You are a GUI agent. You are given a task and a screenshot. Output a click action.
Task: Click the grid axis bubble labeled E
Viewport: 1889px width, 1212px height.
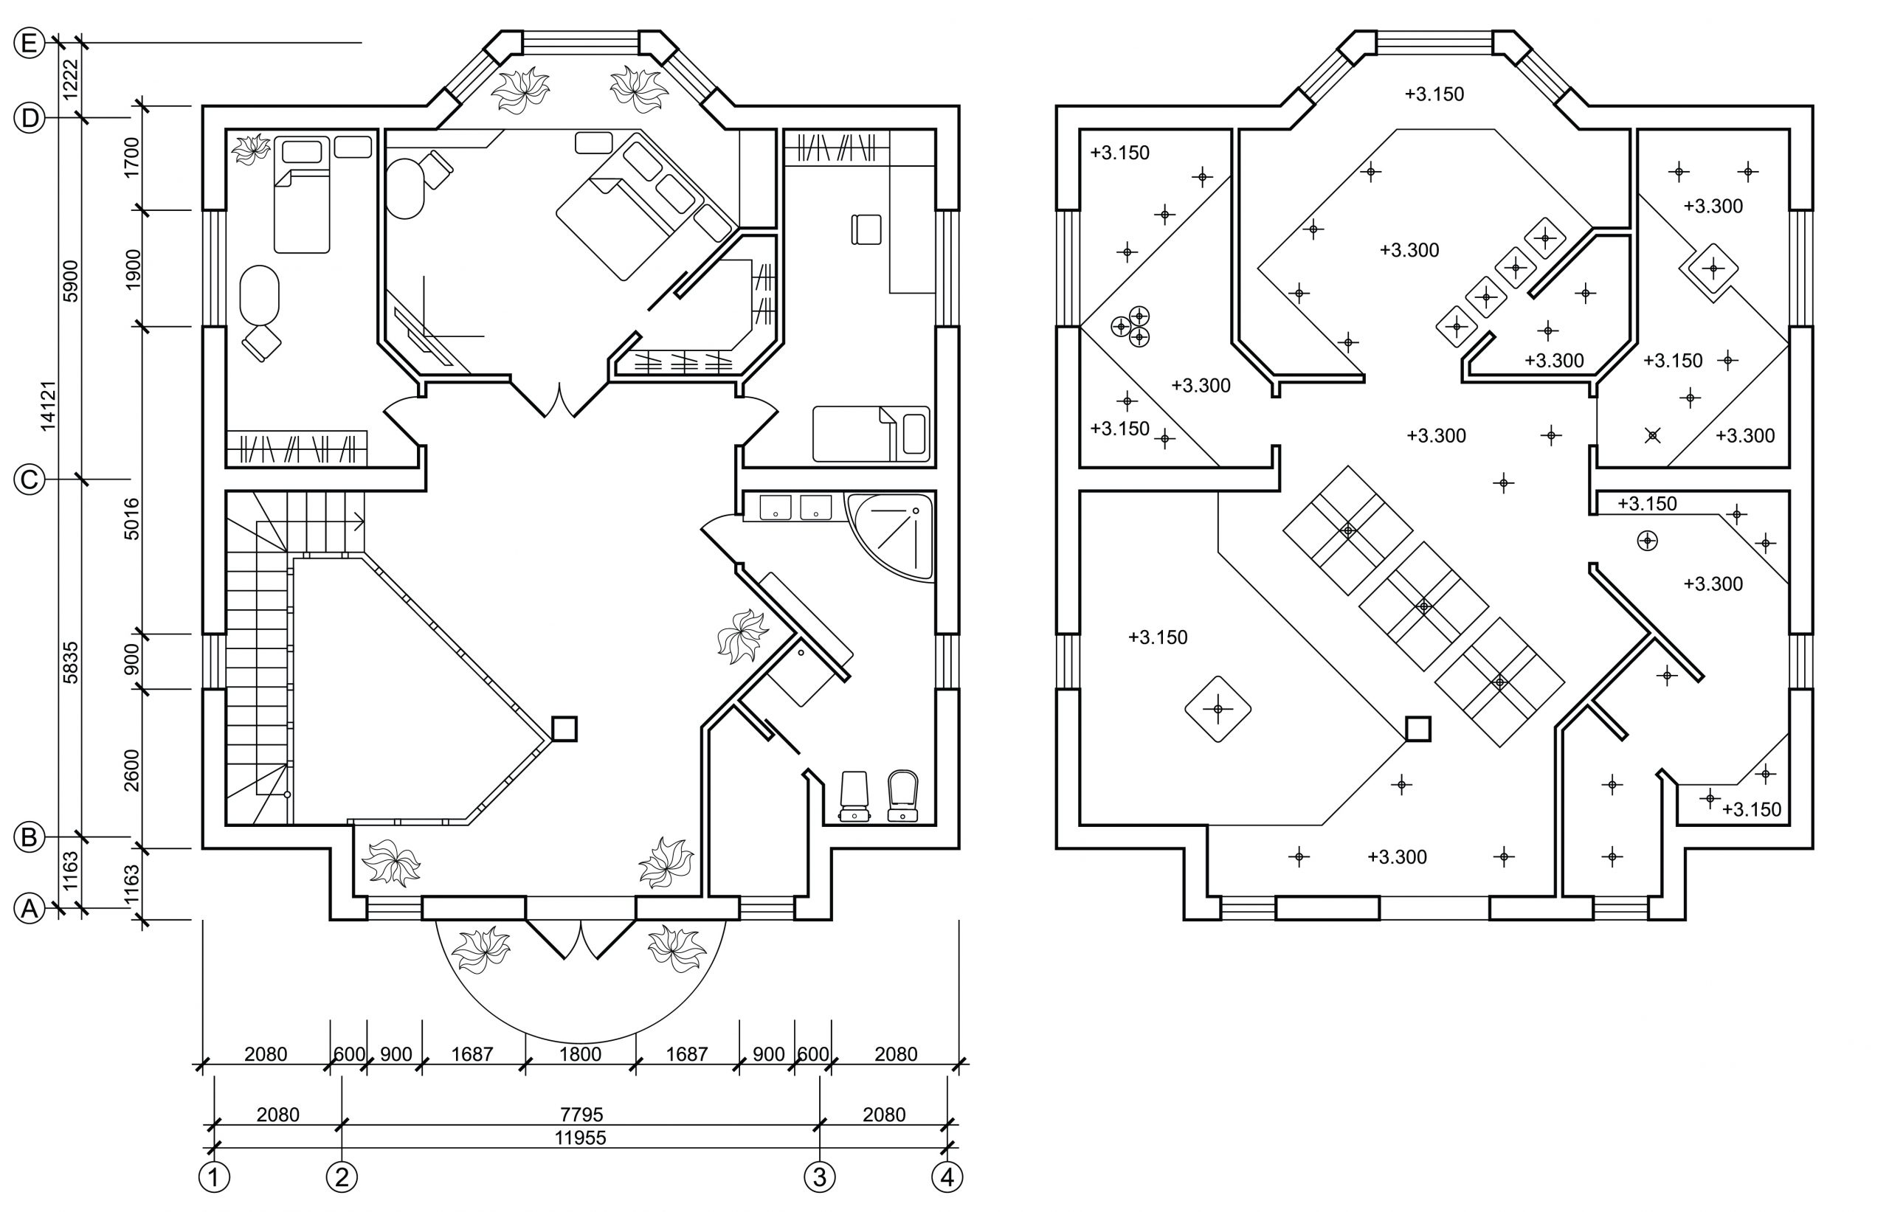click(29, 44)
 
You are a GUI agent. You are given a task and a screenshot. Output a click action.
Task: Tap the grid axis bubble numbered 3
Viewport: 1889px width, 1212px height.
click(819, 1177)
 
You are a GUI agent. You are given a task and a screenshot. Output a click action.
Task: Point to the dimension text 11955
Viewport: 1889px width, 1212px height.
click(580, 1137)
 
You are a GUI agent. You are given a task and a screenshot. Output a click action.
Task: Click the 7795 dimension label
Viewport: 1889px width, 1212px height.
click(581, 1115)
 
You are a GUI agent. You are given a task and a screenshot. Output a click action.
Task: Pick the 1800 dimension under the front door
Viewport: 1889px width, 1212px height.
click(580, 1054)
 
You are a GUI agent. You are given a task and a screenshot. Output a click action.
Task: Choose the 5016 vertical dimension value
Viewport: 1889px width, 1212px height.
click(131, 519)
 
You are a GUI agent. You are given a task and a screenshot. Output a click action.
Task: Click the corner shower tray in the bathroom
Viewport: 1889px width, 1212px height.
click(890, 537)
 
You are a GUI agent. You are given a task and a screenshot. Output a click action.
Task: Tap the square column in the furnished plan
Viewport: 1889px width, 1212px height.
click(564, 729)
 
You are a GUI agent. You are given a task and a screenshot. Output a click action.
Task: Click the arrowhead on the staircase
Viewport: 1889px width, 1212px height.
click(359, 520)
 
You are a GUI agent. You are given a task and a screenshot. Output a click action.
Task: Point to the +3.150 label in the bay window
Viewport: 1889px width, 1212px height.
click(1434, 94)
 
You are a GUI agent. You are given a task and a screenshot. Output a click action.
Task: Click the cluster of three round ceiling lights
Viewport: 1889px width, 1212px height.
click(1131, 326)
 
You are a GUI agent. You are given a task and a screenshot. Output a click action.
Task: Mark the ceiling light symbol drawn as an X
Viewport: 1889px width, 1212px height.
click(1652, 434)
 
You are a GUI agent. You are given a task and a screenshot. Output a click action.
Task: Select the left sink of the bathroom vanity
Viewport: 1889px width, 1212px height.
click(776, 507)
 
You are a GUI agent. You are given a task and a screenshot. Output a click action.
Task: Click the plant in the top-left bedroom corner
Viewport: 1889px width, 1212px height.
click(252, 149)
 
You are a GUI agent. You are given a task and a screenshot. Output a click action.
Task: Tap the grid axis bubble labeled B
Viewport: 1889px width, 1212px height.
click(29, 837)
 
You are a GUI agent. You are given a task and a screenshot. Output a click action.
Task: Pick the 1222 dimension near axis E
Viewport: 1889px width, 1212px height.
click(71, 79)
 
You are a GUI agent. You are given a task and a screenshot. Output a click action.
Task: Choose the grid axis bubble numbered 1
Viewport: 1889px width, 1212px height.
click(214, 1177)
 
